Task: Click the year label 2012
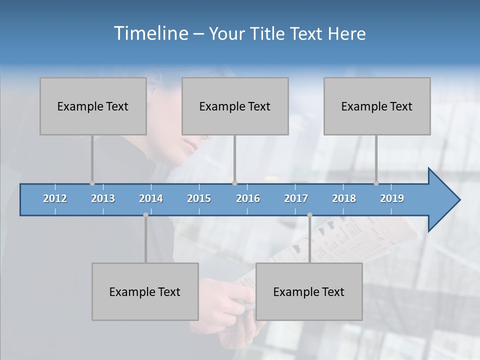pos(55,198)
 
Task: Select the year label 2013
pos(103,198)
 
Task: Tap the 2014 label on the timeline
pos(151,198)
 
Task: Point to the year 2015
pos(199,198)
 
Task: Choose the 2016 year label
pos(248,198)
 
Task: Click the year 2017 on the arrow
pos(296,198)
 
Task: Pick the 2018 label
pos(344,198)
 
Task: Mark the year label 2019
pos(392,198)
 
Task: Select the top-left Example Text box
pos(93,106)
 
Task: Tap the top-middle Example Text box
pos(235,106)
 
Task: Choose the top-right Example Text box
pos(377,106)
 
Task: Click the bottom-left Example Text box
pos(145,291)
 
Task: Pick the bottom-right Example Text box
pos(309,291)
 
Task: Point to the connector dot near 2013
pos(92,183)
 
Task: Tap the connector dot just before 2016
pos(235,183)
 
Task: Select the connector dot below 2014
pos(145,215)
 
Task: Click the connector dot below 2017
pos(309,215)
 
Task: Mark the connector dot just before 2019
pos(376,183)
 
